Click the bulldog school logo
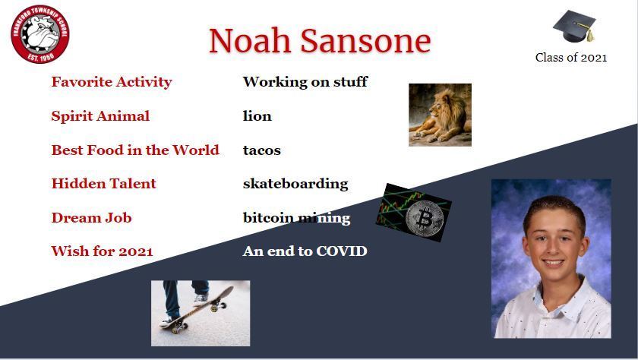point(39,34)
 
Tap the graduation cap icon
point(574,26)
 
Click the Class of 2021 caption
point(571,58)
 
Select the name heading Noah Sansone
point(320,41)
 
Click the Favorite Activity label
point(112,82)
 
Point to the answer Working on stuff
point(305,82)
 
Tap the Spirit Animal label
point(100,116)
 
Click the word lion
point(257,116)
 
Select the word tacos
point(261,150)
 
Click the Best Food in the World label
point(135,150)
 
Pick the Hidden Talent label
point(103,184)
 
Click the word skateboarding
point(295,184)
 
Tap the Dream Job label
point(91,218)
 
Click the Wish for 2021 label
point(102,251)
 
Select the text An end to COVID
point(305,251)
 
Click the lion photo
point(440,115)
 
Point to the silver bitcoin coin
point(425,218)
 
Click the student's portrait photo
point(551,259)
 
